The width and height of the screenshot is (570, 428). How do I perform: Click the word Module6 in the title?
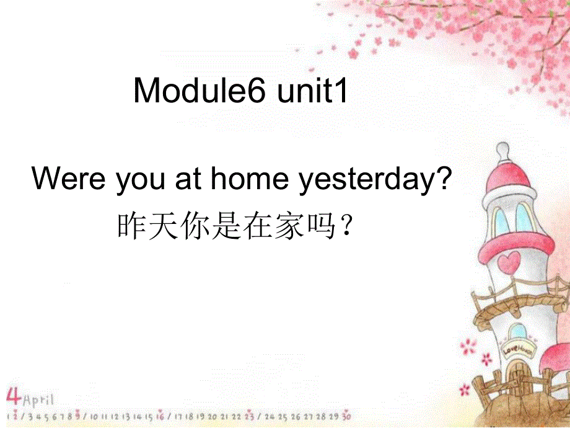(200, 92)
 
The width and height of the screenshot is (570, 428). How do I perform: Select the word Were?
(69, 180)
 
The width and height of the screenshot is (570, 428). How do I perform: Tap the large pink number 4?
(14, 395)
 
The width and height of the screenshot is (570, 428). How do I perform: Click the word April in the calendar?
(39, 398)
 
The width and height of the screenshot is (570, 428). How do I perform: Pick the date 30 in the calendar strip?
(346, 416)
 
